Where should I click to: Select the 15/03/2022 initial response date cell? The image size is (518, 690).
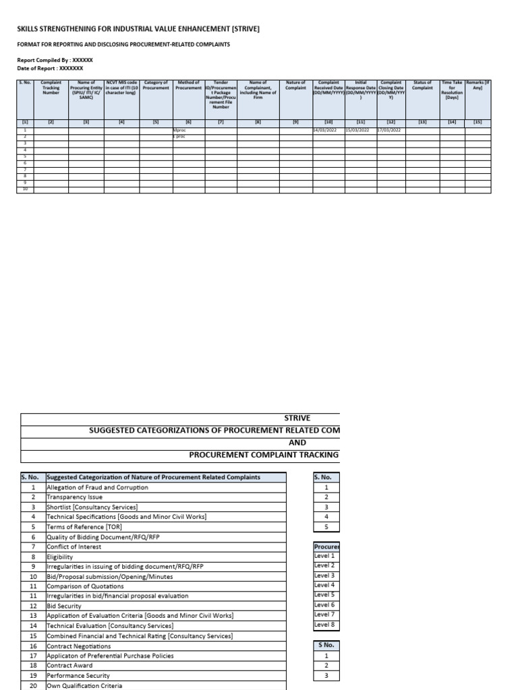pyautogui.click(x=357, y=130)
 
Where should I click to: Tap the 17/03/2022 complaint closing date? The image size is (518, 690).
pyautogui.click(x=389, y=130)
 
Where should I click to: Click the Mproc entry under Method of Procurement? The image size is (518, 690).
pyautogui.click(x=179, y=130)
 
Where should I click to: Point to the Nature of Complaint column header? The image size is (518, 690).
pyautogui.click(x=295, y=85)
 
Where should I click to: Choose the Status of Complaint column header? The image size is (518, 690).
pyautogui.click(x=422, y=85)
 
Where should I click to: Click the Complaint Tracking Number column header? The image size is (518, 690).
pyautogui.click(x=51, y=88)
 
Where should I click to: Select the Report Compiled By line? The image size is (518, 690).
pyautogui.click(x=55, y=60)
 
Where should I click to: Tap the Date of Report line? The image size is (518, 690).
pyautogui.click(x=50, y=68)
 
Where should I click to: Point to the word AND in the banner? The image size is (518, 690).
pyautogui.click(x=297, y=443)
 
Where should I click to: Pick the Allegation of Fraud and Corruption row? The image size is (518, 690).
pyautogui.click(x=97, y=487)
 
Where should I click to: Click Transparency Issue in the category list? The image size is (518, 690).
pyautogui.click(x=75, y=497)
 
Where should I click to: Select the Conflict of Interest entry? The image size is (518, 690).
pyautogui.click(x=74, y=547)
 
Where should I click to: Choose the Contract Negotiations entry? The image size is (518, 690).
pyautogui.click(x=78, y=646)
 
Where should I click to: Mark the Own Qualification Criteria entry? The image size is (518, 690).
pyautogui.click(x=84, y=685)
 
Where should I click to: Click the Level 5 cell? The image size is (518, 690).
pyautogui.click(x=324, y=595)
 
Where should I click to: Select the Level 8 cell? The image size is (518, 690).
pyautogui.click(x=324, y=625)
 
